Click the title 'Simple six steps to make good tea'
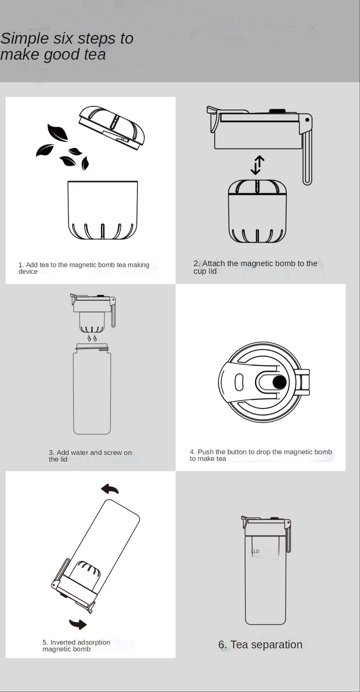[67, 46]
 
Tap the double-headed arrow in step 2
[258, 165]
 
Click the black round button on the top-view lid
[279, 382]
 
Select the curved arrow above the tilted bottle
[110, 489]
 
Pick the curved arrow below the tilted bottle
[78, 624]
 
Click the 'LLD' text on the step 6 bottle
[255, 551]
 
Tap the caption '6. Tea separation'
[260, 645]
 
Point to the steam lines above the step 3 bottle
[92, 338]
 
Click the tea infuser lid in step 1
[112, 127]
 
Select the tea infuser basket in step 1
[103, 210]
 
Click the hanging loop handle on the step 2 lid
[307, 158]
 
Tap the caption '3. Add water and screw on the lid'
[90, 456]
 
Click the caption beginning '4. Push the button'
[261, 455]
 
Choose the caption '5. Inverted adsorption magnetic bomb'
[76, 646]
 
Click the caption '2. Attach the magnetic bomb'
[255, 267]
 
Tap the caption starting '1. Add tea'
[84, 268]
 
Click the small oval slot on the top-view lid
[239, 382]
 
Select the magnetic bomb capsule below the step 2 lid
[257, 211]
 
